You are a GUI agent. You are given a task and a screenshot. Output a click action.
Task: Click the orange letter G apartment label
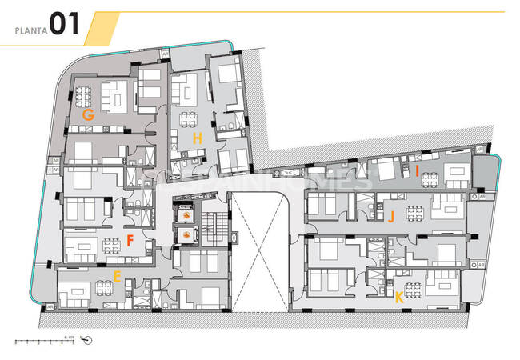pyautogui.click(x=89, y=115)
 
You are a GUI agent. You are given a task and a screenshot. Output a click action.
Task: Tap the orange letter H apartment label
pyautogui.click(x=196, y=138)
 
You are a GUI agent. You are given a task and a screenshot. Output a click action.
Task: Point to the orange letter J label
pyautogui.click(x=391, y=216)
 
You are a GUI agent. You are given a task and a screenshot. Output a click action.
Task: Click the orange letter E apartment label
pyautogui.click(x=117, y=277)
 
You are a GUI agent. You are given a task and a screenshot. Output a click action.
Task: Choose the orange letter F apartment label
pyautogui.click(x=129, y=240)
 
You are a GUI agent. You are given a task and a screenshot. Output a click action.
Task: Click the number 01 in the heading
pyautogui.click(x=63, y=24)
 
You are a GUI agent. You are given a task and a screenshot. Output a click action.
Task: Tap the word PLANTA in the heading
pyautogui.click(x=30, y=30)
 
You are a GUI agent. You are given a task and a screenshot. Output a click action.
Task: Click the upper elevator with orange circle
pyautogui.click(x=186, y=215)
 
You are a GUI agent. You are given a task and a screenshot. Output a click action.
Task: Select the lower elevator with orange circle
pyautogui.click(x=186, y=234)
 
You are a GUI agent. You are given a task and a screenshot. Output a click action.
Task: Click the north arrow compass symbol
pyautogui.click(x=87, y=340)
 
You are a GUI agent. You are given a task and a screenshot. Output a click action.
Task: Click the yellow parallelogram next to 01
pyautogui.click(x=102, y=27)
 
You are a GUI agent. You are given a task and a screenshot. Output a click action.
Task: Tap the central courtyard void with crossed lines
pyautogui.click(x=258, y=251)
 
